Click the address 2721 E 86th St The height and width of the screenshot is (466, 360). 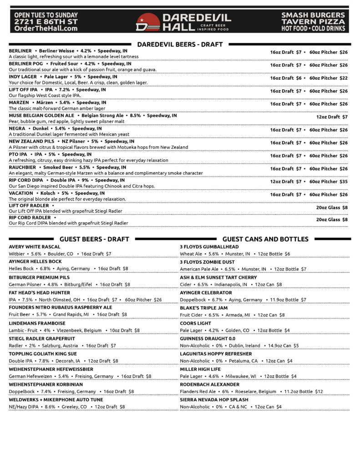point(46,21)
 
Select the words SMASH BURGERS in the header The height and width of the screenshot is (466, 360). point(313,15)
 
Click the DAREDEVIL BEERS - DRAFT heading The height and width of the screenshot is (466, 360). point(180,44)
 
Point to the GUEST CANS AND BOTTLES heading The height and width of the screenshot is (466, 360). point(265,239)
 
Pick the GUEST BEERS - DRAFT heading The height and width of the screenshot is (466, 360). point(94,239)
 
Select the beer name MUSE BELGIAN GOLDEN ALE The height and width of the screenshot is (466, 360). point(41,116)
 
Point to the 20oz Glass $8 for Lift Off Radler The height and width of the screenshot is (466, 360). point(332,208)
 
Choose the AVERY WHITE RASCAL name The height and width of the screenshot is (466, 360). point(35,247)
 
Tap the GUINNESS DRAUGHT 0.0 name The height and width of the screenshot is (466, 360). point(208,339)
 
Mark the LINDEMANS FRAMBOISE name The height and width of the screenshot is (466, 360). point(37,323)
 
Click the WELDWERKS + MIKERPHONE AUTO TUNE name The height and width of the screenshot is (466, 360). point(56,400)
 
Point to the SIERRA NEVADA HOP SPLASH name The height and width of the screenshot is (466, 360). point(214,400)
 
